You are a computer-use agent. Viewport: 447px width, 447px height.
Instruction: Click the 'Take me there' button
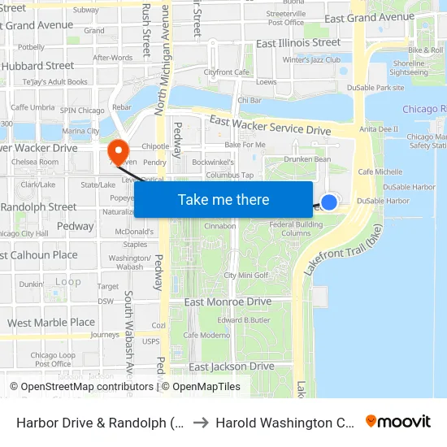click(223, 199)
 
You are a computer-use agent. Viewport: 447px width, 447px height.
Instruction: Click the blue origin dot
click(329, 202)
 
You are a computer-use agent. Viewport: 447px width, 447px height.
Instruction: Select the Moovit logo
click(398, 422)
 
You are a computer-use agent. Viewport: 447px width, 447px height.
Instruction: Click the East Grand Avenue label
click(369, 17)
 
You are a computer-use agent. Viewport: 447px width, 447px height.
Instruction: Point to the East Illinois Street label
click(298, 42)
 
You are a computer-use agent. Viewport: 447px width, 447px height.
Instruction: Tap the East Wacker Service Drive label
click(271, 125)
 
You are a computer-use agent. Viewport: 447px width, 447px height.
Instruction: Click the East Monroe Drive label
click(228, 302)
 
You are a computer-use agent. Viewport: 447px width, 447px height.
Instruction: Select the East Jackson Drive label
click(232, 367)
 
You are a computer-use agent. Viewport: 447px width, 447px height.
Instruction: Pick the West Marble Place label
click(51, 323)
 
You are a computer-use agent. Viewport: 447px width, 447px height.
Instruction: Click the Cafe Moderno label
click(206, 335)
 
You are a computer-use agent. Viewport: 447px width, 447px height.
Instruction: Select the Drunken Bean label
click(312, 159)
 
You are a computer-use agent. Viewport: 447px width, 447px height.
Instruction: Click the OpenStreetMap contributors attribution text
click(82, 387)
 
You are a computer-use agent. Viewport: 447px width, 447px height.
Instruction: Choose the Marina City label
click(80, 131)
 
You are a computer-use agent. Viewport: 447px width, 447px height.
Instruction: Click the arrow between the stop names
click(201, 422)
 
